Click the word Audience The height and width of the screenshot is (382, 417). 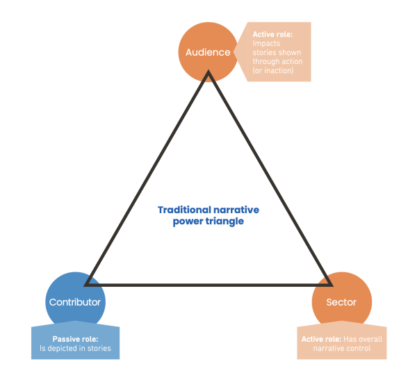pos(208,52)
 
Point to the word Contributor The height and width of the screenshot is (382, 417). pos(75,302)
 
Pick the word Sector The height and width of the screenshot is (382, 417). pos(341,302)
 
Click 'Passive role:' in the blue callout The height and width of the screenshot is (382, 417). pos(75,338)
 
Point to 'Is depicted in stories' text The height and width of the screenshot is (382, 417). pos(75,348)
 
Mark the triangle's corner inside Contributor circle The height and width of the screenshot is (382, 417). pos(88,284)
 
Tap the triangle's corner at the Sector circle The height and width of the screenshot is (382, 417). pos(329,284)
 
